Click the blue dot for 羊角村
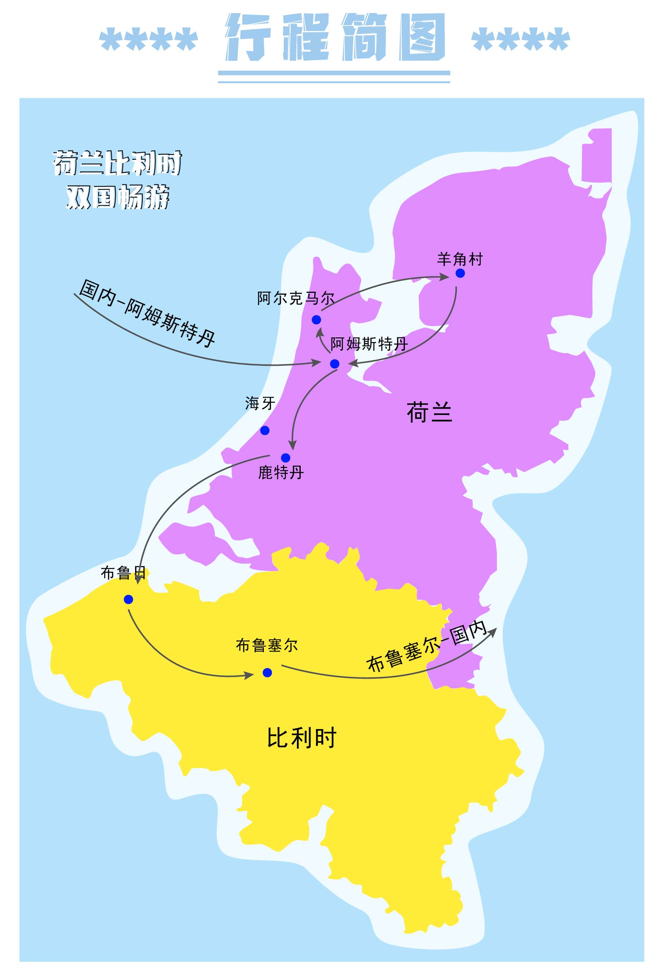[460, 273]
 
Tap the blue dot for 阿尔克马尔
[316, 320]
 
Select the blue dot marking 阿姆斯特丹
[335, 364]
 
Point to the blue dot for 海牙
[265, 431]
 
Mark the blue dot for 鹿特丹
[285, 458]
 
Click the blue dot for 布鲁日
[128, 599]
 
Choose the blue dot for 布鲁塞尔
[267, 673]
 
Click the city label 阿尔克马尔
[296, 298]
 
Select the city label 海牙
[260, 403]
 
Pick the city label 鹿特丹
[281, 472]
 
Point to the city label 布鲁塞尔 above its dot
[267, 646]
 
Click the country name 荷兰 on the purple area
[429, 412]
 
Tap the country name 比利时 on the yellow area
[302, 738]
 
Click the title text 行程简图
[335, 37]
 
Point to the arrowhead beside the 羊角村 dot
[445, 277]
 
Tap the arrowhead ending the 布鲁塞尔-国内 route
[493, 631]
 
